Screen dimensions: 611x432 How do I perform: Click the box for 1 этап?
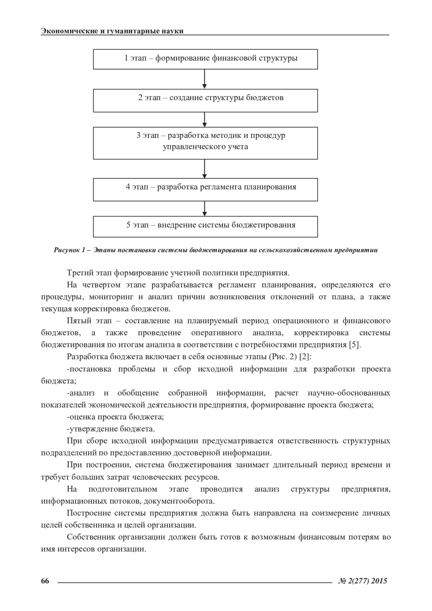205,59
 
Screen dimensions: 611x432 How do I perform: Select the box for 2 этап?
205,101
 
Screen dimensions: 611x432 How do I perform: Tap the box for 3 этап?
205,143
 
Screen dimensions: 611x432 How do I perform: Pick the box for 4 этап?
205,189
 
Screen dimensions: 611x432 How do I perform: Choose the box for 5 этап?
205,226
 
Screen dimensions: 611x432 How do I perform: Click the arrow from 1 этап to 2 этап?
204,79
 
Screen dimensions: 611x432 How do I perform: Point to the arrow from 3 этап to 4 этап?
204,168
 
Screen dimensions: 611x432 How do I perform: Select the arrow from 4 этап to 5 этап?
204,208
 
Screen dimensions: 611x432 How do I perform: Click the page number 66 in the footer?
45,581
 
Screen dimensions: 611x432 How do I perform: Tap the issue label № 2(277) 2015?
363,581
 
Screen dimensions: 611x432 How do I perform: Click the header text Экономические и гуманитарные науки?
112,31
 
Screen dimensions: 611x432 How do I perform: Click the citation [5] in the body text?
355,345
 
